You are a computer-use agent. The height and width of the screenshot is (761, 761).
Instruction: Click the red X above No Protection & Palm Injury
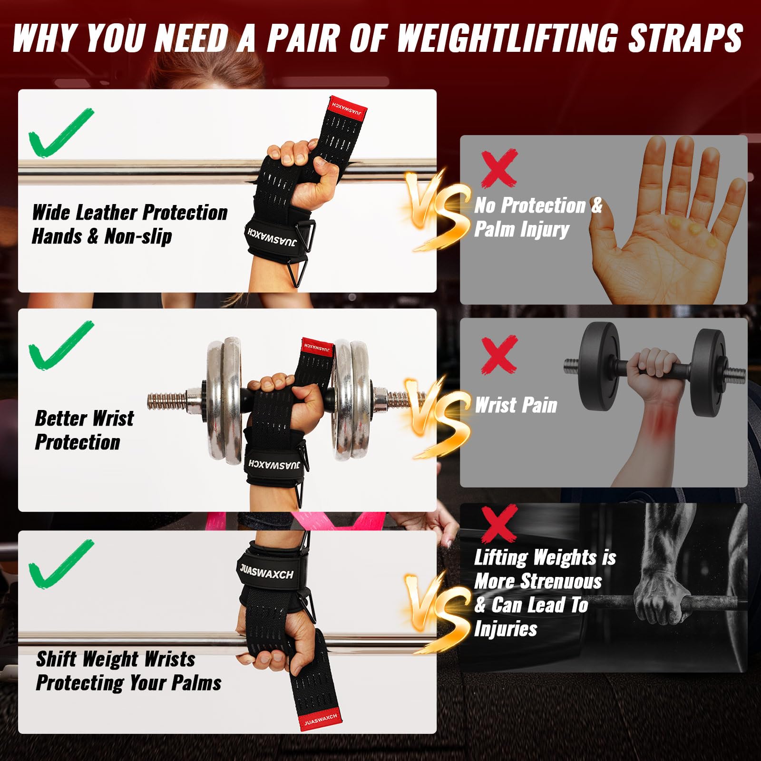point(499,168)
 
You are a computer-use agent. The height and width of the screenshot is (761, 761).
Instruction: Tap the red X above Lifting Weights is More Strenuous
point(499,523)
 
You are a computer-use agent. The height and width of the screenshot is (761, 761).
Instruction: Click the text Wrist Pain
point(516,405)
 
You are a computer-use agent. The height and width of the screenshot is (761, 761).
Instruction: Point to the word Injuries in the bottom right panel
point(506,629)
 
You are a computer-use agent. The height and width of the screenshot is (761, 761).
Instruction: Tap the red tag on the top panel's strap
point(348,107)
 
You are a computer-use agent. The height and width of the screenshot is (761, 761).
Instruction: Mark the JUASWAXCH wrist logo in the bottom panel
point(266,571)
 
